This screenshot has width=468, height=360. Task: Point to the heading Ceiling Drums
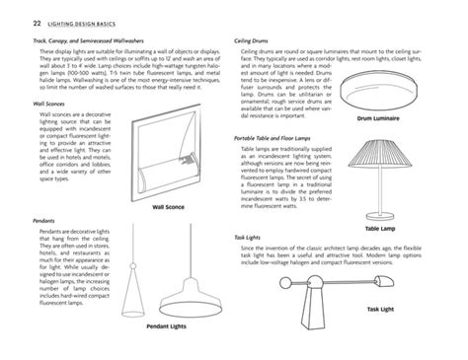click(x=253, y=40)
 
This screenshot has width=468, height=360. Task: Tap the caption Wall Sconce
click(x=169, y=208)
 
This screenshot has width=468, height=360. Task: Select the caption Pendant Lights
click(x=168, y=325)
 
